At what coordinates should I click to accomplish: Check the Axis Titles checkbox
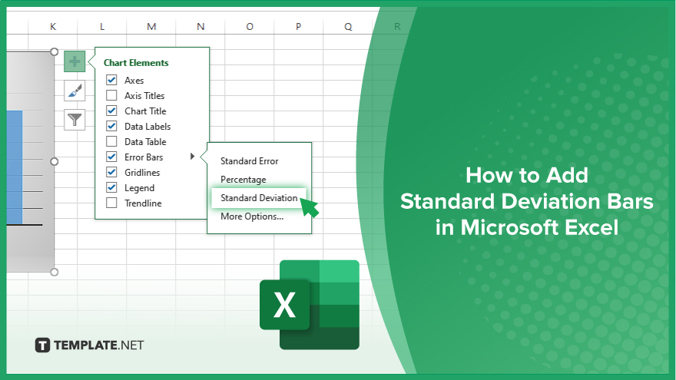(x=111, y=95)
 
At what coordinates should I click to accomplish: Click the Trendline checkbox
(x=111, y=203)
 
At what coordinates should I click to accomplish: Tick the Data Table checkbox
(x=111, y=141)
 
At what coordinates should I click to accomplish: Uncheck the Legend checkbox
(x=111, y=187)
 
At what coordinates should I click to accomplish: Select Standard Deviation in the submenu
(x=259, y=198)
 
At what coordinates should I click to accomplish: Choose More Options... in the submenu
(x=252, y=216)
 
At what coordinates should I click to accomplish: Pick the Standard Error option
(x=249, y=161)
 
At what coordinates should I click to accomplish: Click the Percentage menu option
(x=244, y=179)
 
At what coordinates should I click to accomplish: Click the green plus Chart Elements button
(x=75, y=61)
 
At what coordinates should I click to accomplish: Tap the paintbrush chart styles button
(x=75, y=91)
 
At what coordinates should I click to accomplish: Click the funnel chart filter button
(x=75, y=119)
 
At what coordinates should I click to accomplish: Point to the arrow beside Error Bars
(x=192, y=157)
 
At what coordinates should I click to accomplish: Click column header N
(x=200, y=27)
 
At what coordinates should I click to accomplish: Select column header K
(x=53, y=27)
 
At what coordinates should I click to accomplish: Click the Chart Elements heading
(x=136, y=62)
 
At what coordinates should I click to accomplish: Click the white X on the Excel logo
(x=284, y=305)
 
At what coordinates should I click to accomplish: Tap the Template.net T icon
(x=42, y=345)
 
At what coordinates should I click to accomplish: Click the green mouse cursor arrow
(x=309, y=208)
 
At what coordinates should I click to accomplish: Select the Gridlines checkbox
(x=111, y=172)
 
